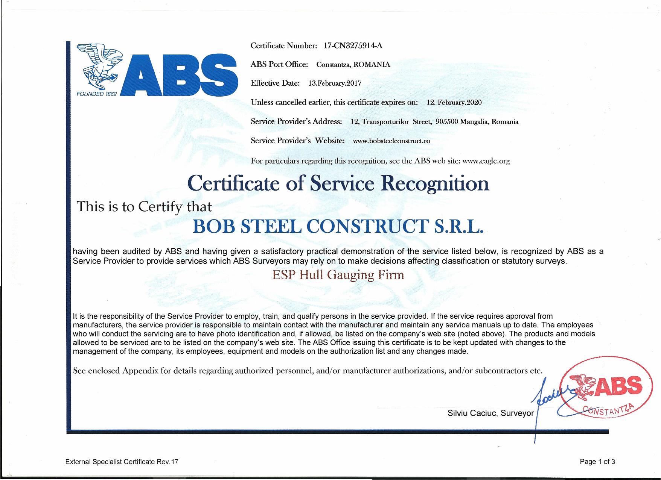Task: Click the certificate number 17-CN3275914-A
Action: point(353,46)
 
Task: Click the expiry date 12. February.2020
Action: point(454,102)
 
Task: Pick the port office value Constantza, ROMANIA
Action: point(353,65)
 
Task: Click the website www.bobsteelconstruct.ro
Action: point(391,141)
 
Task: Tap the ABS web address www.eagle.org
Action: point(486,161)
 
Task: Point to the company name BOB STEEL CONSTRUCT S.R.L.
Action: point(337,227)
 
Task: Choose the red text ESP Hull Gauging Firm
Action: point(338,275)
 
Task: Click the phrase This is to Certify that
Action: point(144,206)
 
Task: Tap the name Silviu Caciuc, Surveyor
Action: point(490,413)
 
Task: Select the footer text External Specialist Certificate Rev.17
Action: point(122,462)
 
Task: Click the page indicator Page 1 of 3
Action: point(597,462)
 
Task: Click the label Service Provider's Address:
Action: point(296,122)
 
